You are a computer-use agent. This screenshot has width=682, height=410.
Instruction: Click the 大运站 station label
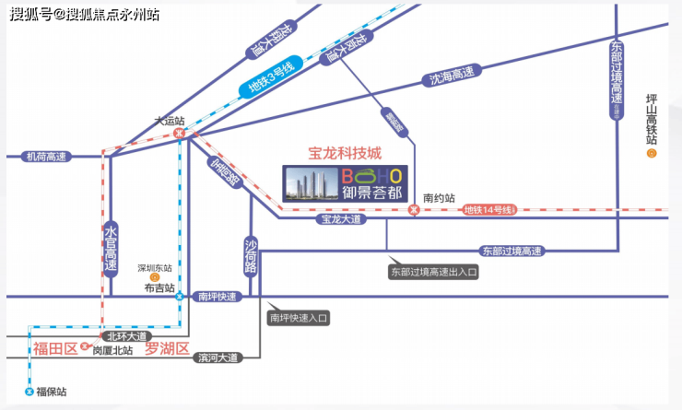[170, 121]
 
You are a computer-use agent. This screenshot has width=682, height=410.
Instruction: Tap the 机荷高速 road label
[47, 157]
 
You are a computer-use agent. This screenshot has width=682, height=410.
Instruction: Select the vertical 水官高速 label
[111, 248]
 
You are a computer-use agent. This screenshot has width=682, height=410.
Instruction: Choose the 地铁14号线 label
[487, 210]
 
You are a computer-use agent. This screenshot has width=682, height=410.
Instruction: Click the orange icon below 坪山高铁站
[652, 154]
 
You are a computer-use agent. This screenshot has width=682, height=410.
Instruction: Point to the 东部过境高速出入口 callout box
[434, 272]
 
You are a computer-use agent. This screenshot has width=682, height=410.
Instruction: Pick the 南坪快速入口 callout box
[299, 318]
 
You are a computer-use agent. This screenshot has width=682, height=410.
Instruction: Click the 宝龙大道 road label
[341, 220]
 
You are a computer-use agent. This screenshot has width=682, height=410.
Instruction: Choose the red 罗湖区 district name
[167, 348]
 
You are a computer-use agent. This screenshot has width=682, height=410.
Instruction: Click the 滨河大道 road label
[218, 357]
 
